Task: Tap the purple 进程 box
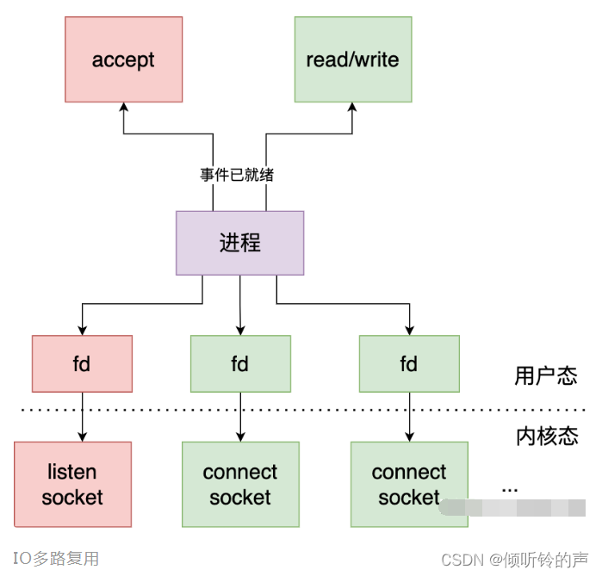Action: [239, 243]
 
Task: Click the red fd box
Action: [82, 363]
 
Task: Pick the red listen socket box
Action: [72, 484]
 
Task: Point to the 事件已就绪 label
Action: [237, 175]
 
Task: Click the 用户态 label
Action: [545, 376]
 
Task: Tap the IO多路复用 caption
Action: [56, 559]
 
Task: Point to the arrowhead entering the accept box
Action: [123, 108]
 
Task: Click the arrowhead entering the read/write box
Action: [352, 108]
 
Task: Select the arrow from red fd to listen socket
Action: [82, 417]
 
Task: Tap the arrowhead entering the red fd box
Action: [82, 330]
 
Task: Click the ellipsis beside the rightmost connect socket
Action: [510, 489]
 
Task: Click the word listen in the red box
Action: [72, 472]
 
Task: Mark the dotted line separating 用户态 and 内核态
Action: [258, 408]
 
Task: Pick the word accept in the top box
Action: [123, 60]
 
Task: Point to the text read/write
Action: [352, 60]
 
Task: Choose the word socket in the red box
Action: [72, 497]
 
